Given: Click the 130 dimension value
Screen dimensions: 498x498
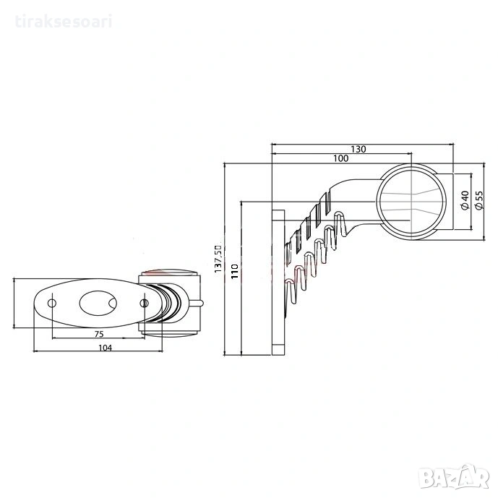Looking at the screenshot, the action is [x=359, y=149].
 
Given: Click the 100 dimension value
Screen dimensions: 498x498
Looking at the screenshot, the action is [x=340, y=158].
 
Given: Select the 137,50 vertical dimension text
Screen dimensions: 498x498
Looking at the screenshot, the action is [x=218, y=259].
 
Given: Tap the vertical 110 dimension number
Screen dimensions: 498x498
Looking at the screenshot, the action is [x=235, y=271].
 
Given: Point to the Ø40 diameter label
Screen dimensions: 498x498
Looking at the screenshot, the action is [x=464, y=200].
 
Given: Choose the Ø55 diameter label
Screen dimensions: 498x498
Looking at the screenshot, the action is [x=478, y=200].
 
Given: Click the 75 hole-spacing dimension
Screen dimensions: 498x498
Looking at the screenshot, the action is [x=99, y=334].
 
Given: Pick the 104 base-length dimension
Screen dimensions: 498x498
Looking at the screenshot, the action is [x=105, y=348].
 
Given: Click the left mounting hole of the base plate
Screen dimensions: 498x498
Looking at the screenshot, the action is [x=52, y=304].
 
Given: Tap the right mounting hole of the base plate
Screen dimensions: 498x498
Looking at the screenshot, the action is [x=144, y=304].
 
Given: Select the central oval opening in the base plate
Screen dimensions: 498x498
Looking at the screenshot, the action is [x=98, y=304].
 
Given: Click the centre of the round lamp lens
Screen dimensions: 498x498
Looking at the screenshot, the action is [x=411, y=202].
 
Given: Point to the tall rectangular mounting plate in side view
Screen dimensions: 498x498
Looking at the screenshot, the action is [x=278, y=282].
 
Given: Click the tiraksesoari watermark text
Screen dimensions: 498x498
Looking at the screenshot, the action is [x=64, y=22].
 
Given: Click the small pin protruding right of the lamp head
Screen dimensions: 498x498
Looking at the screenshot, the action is [x=197, y=304].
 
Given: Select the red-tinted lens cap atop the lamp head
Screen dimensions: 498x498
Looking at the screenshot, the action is [x=169, y=272].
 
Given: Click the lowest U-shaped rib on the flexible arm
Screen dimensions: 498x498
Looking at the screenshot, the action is [x=291, y=291].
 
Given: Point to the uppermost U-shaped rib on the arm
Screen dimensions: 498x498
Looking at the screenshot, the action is [x=340, y=223].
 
